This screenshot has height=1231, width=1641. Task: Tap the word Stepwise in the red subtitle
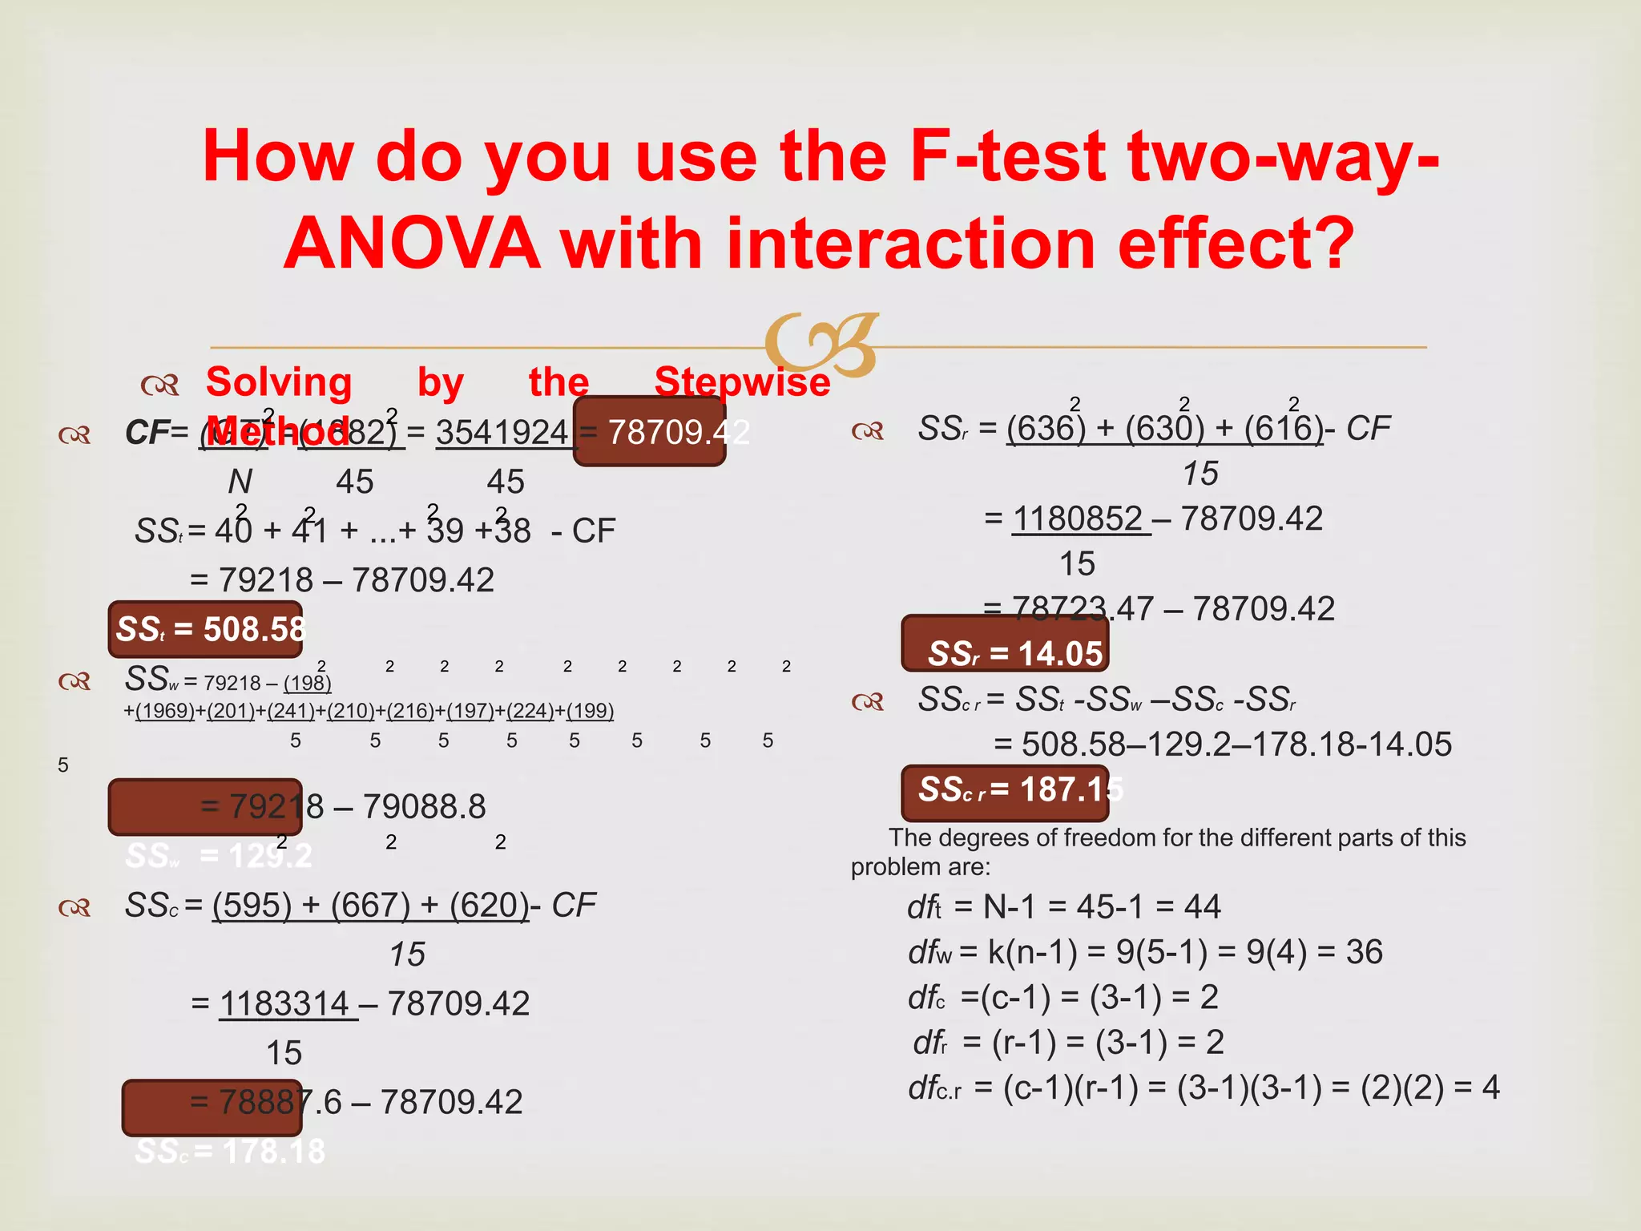tap(742, 381)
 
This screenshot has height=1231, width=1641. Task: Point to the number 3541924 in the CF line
tap(502, 433)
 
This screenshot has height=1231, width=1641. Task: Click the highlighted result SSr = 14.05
tap(1015, 654)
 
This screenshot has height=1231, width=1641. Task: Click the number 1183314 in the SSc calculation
tap(284, 1003)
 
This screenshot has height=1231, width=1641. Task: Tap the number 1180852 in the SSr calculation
tap(1078, 519)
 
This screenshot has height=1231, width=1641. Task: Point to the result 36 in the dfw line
tap(1364, 952)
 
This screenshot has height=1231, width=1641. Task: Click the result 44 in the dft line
tap(1202, 907)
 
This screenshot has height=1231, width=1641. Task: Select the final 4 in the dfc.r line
tap(1490, 1088)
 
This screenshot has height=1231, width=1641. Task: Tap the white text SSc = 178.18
tap(230, 1152)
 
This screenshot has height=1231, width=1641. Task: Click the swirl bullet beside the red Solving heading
tap(159, 385)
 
